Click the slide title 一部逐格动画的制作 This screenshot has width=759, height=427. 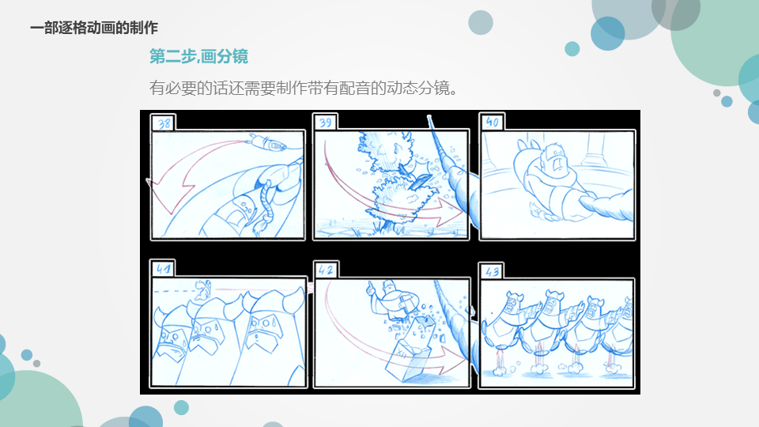(94, 28)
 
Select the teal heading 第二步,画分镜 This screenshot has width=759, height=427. (198, 57)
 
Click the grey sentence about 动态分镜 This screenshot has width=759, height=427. (304, 88)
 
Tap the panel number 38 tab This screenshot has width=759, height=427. (164, 123)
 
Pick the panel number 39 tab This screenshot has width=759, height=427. (325, 122)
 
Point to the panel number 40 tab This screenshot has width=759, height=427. (492, 122)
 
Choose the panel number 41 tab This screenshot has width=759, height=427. (163, 269)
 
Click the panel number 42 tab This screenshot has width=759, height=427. (326, 270)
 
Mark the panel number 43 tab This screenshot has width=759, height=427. (492, 271)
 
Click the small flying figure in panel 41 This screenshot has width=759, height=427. (203, 289)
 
